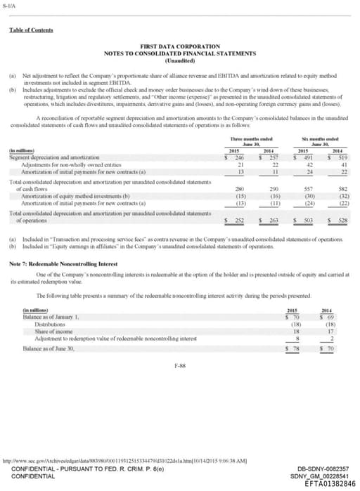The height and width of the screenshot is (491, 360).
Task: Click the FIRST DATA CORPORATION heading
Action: point(179,46)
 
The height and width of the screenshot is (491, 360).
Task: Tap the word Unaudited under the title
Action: point(179,60)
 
